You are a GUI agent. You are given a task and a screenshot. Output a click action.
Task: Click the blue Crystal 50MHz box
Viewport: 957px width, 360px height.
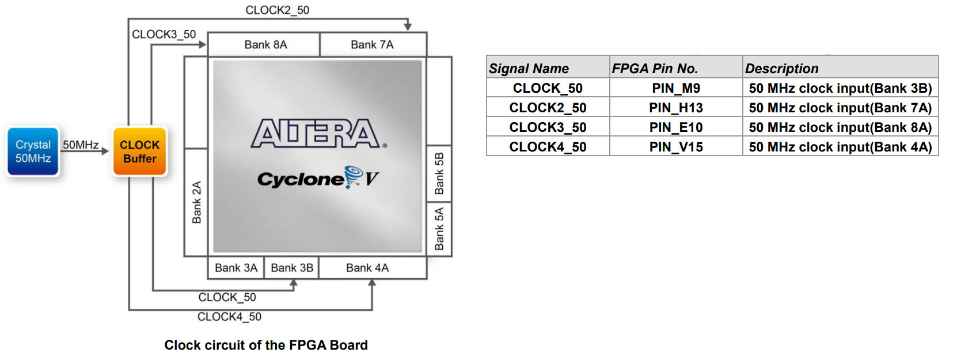click(33, 151)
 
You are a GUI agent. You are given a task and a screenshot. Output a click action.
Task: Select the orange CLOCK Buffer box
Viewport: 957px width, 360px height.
click(139, 151)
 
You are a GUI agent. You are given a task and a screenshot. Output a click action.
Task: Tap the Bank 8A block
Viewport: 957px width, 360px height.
click(264, 44)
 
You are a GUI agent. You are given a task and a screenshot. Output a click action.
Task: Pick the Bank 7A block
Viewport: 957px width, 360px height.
click(373, 44)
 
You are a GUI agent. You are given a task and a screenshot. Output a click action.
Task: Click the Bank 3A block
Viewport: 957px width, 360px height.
click(236, 268)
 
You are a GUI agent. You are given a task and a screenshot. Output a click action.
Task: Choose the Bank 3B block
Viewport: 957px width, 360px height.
click(291, 268)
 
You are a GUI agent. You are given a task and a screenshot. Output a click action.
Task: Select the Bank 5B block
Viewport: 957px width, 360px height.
click(439, 173)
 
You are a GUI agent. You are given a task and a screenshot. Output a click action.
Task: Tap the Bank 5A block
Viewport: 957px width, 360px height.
click(439, 229)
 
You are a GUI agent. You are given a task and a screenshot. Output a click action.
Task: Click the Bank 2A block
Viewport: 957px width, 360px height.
click(196, 202)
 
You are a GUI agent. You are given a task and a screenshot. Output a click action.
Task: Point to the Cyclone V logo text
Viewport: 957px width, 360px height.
click(318, 178)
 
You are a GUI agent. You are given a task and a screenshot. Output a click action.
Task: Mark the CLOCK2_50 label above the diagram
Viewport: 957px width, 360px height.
click(278, 10)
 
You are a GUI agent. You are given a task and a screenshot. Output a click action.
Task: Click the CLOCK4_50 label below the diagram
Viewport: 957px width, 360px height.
click(229, 317)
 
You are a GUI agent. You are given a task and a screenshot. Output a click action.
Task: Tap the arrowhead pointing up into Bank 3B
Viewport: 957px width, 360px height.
click(294, 283)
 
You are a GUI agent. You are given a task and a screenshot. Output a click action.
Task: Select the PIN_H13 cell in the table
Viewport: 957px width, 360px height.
click(676, 108)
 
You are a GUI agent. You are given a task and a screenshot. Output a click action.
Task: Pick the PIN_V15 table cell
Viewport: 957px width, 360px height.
click(676, 147)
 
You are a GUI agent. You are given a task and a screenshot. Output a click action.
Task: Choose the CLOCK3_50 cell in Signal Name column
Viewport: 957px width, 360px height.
click(548, 127)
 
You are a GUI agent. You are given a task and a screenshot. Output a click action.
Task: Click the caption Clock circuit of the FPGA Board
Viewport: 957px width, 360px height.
click(266, 345)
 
